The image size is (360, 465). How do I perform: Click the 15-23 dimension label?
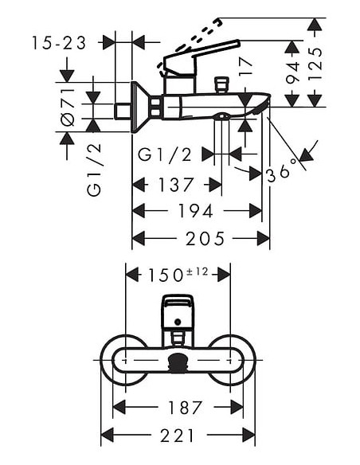click(60, 42)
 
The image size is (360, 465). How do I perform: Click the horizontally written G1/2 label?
click(165, 154)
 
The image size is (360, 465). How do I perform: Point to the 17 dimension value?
click(246, 67)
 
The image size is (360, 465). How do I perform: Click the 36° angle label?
click(282, 170)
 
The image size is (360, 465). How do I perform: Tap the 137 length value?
click(175, 185)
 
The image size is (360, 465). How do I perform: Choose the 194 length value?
click(195, 211)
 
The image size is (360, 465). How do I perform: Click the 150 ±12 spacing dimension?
click(178, 274)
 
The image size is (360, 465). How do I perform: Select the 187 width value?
click(185, 407)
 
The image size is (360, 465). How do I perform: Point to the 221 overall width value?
click(177, 435)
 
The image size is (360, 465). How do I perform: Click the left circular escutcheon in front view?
click(123, 360)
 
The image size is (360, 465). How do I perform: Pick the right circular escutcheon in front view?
click(232, 360)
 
